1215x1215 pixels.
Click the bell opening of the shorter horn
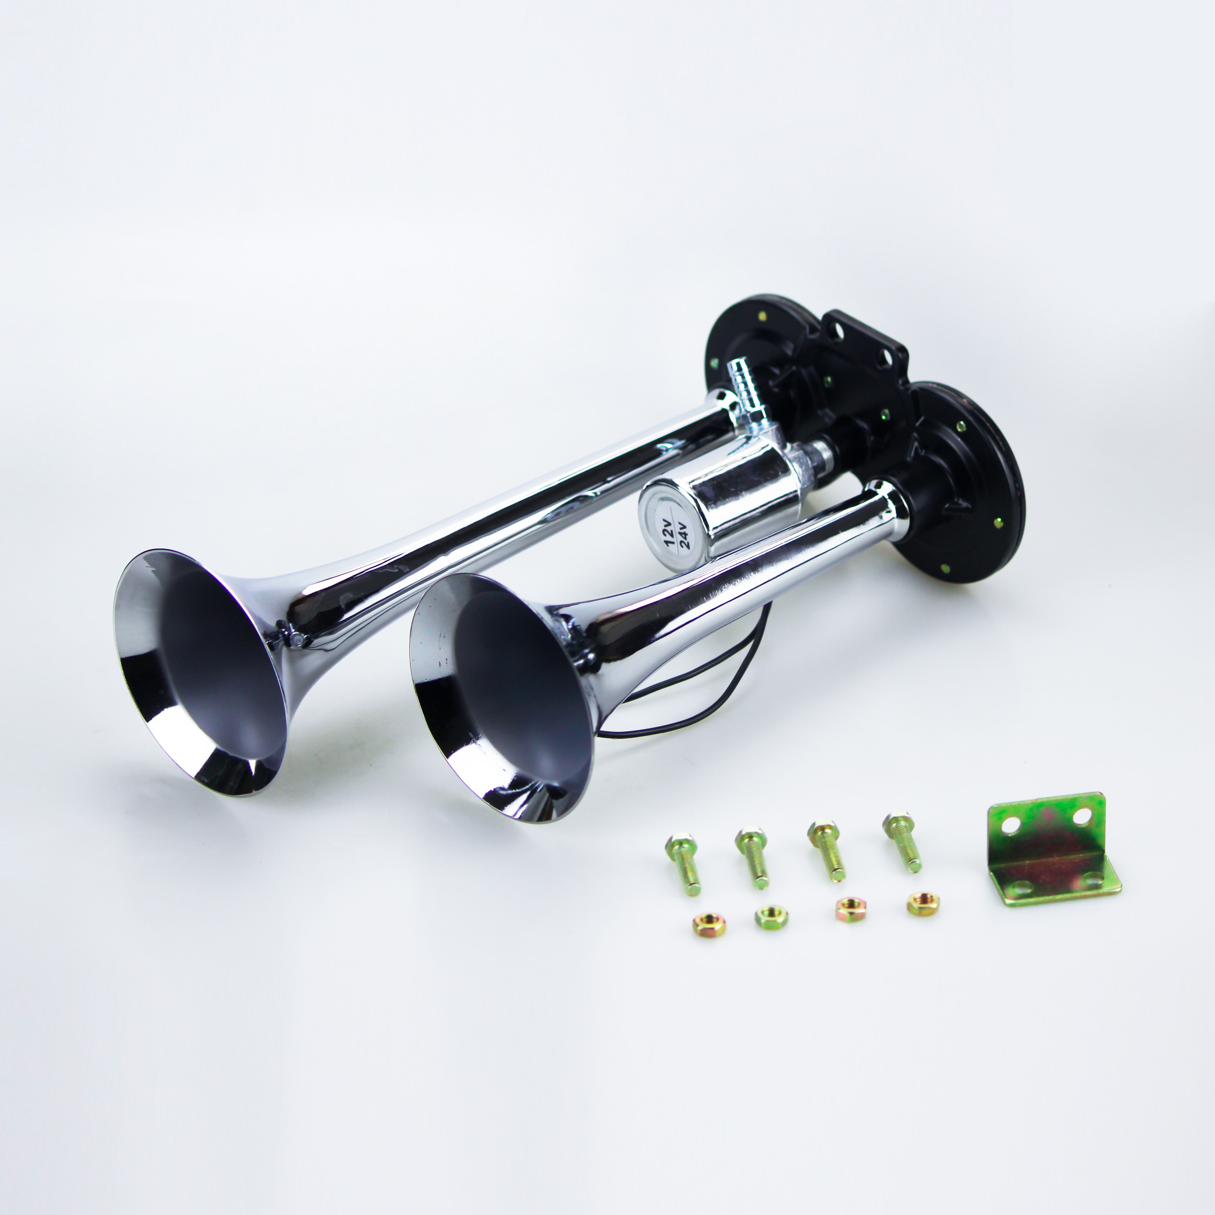[x=500, y=698]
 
